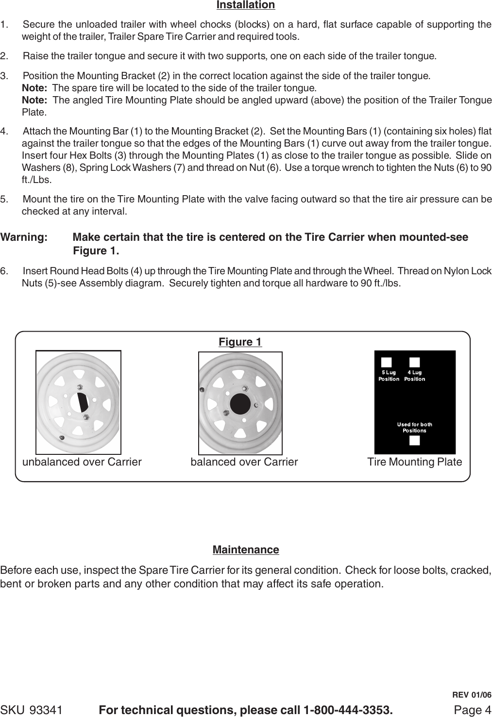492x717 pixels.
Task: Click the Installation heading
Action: coord(245,5)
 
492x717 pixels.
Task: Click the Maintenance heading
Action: coord(246,550)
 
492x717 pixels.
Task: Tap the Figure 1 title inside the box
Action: coord(240,342)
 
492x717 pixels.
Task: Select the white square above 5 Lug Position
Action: coord(386,363)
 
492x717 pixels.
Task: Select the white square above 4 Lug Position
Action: coord(415,363)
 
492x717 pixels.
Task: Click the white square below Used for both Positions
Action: coord(414,440)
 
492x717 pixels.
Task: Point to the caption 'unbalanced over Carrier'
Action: coord(82,462)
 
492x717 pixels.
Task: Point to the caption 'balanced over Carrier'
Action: coord(244,462)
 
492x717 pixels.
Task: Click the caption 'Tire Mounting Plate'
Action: coord(415,462)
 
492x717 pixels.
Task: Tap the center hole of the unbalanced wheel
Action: coord(80,402)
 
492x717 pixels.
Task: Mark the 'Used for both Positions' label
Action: coord(414,427)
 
